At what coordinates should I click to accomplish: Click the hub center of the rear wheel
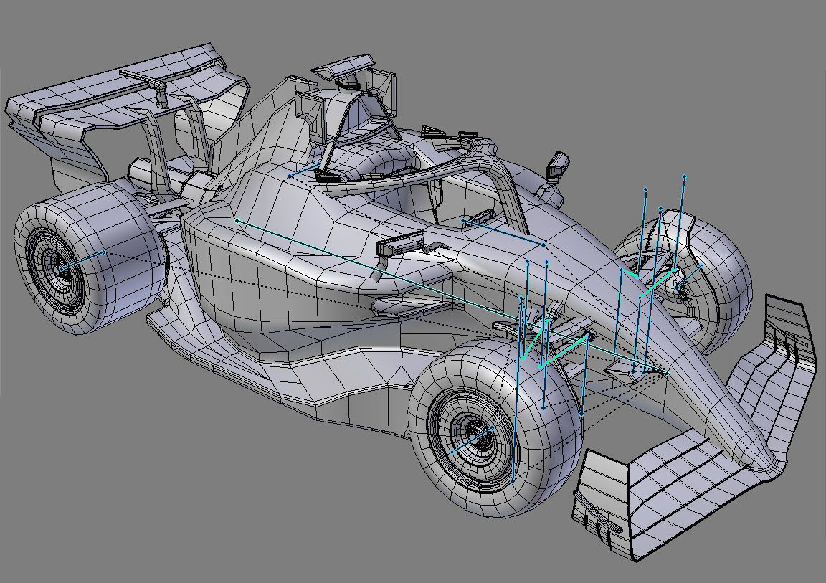(x=61, y=268)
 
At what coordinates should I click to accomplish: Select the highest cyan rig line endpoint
(x=684, y=176)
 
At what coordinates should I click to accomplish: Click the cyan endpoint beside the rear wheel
(x=105, y=252)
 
